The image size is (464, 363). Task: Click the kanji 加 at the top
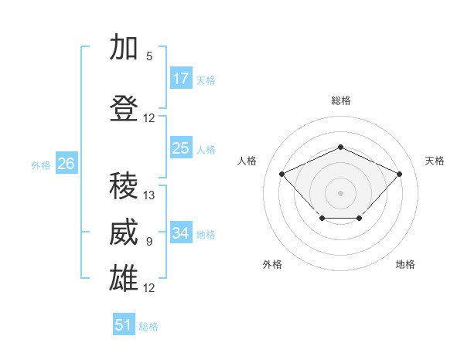point(124,46)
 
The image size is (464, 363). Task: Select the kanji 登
point(124,108)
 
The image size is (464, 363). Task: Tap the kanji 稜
point(124,185)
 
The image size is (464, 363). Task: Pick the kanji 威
point(124,232)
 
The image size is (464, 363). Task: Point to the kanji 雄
point(124,278)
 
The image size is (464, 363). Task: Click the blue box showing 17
point(181,78)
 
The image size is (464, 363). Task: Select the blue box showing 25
point(181,148)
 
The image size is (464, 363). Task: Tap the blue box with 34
point(181,232)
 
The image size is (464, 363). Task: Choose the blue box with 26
point(67,163)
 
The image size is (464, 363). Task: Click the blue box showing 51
point(124,324)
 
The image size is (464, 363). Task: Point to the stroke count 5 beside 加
point(149,56)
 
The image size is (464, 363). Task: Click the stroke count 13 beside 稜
point(148,195)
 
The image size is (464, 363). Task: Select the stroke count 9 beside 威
point(149,242)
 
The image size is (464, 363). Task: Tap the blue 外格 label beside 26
point(41,165)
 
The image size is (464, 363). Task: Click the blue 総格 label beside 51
point(148,327)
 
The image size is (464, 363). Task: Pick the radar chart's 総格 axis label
point(341,100)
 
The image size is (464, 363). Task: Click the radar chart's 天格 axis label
point(435,161)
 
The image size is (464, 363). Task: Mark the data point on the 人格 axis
point(282,174)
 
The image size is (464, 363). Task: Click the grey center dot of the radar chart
point(340,193)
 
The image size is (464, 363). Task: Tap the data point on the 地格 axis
point(360,218)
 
